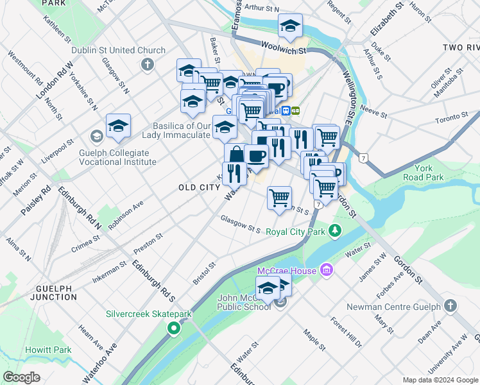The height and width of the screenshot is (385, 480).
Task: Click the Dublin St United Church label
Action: (128, 50)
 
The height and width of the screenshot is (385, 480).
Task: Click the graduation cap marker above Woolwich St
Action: (290, 27)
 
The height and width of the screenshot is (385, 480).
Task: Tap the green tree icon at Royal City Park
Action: (334, 230)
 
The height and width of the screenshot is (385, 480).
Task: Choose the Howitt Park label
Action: (49, 350)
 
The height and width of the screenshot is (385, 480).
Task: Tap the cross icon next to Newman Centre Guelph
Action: (451, 307)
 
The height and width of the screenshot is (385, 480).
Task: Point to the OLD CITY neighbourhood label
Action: (198, 187)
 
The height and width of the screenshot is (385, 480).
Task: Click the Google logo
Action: (21, 377)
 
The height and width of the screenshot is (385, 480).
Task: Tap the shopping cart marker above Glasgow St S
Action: (279, 198)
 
